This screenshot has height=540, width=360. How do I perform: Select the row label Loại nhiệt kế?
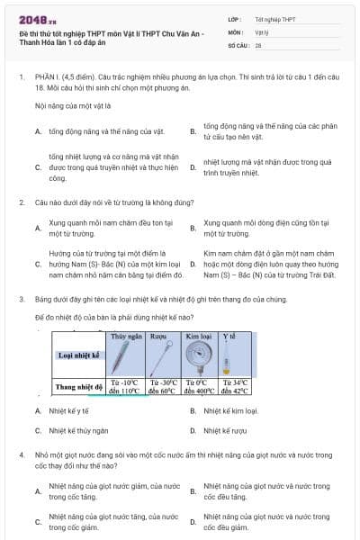coord(77,355)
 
